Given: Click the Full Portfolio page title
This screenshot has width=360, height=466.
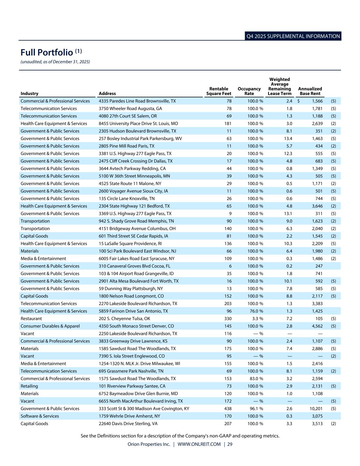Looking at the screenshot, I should (47, 53).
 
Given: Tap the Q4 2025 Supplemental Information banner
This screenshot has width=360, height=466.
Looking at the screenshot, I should (293, 36).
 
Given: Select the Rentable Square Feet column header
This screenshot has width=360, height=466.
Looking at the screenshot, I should (219, 91).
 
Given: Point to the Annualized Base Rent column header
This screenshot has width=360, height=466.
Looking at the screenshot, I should (310, 91).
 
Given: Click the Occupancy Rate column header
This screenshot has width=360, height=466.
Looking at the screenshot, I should (249, 91).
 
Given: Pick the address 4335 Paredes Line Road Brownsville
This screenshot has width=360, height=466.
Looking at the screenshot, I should (137, 101).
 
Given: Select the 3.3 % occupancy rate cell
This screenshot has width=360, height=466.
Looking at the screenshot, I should (255, 319).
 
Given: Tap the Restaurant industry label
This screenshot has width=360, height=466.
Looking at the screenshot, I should (31, 319).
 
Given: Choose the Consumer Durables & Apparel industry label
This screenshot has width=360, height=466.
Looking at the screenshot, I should (50, 326).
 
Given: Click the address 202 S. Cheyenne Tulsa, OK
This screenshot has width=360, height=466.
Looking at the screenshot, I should (124, 319).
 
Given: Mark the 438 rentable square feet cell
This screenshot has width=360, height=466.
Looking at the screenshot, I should (228, 409).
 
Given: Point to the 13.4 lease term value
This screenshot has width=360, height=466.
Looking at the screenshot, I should (288, 139).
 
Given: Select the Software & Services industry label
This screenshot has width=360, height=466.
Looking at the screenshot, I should (40, 416).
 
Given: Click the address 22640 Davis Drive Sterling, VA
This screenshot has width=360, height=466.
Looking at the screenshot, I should (128, 424).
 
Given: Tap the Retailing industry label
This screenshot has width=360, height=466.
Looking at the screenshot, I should (29, 386).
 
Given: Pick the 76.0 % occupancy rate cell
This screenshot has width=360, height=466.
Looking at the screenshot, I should (255, 311).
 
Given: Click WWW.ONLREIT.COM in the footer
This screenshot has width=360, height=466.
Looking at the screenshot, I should (199, 444).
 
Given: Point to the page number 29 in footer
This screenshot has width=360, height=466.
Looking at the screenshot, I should (230, 444).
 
